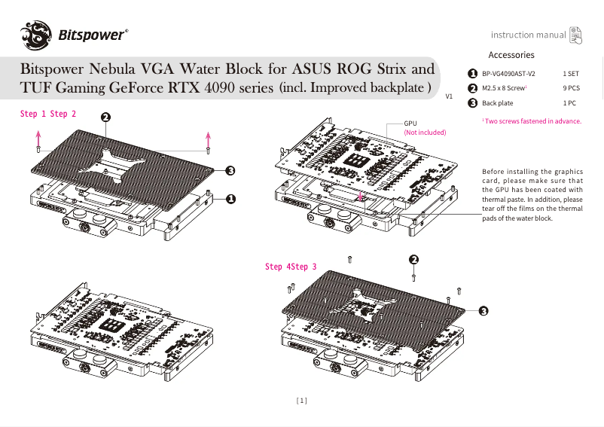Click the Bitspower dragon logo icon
(35, 35)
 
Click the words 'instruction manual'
(528, 35)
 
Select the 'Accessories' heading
(511, 55)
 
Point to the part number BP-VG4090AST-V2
(508, 74)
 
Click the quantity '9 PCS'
(572, 88)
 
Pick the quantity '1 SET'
(571, 74)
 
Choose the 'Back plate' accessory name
(498, 103)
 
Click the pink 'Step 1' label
(33, 114)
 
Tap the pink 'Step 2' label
(63, 114)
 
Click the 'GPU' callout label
(410, 123)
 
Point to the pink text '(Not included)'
(425, 132)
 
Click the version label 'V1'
(450, 97)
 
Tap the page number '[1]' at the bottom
(302, 401)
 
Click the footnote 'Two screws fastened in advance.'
(533, 120)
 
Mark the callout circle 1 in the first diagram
(230, 199)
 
